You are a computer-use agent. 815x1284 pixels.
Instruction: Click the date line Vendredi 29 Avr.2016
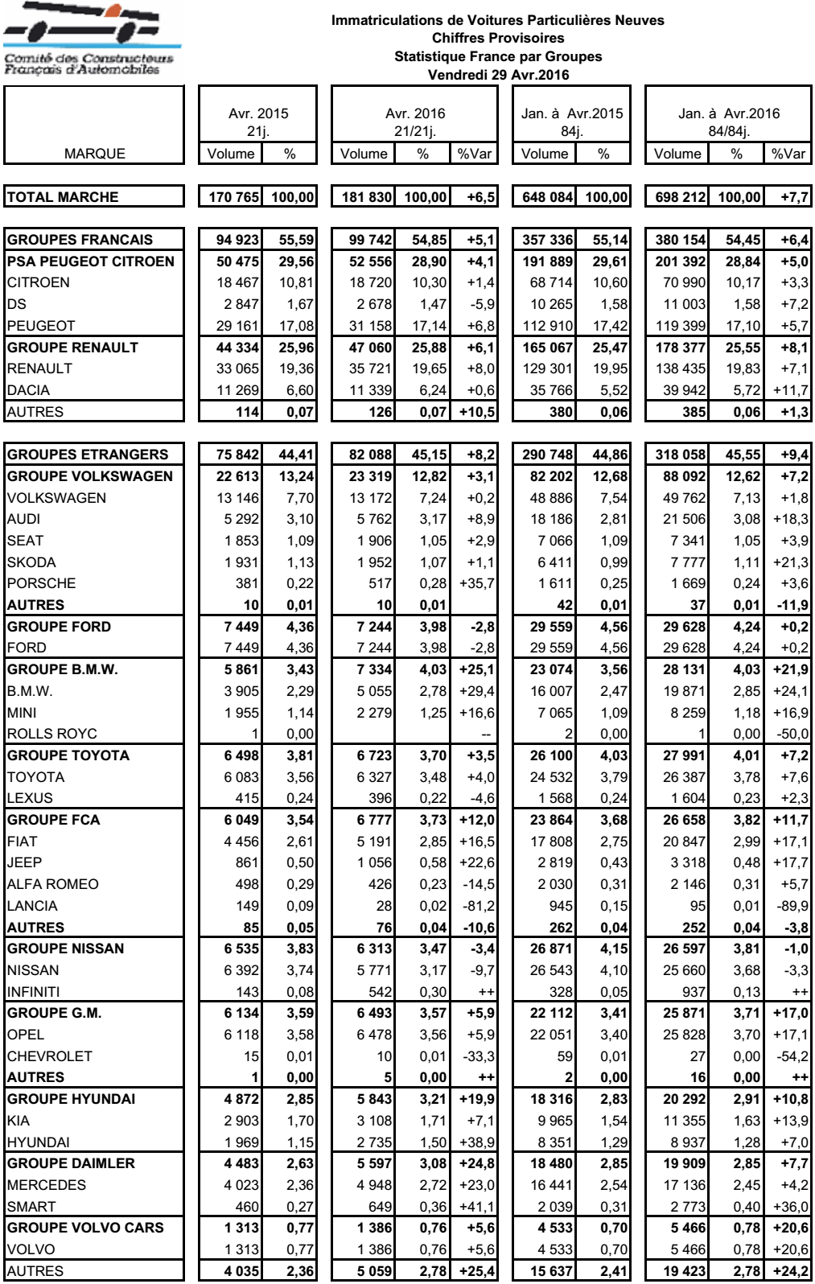498,75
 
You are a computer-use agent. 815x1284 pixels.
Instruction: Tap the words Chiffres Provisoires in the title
498,38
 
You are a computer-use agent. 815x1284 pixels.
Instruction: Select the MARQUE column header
95,154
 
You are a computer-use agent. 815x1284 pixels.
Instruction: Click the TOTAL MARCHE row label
63,197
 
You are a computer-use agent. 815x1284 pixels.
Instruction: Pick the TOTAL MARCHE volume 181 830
367,197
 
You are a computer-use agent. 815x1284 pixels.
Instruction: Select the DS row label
17,304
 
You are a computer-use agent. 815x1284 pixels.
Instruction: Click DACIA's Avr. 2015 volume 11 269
237,390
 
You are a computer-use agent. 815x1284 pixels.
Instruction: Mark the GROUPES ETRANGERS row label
88,455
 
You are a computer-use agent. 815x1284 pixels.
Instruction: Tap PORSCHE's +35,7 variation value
476,583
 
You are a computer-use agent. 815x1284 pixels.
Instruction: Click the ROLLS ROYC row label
51,734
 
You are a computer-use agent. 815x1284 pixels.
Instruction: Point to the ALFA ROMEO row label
53,884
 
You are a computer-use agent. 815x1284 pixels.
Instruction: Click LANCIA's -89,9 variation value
792,906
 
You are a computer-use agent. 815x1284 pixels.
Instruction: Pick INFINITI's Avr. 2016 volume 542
380,992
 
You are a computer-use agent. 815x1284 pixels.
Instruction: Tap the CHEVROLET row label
50,1056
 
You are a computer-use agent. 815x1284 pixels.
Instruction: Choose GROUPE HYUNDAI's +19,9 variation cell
475,1099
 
